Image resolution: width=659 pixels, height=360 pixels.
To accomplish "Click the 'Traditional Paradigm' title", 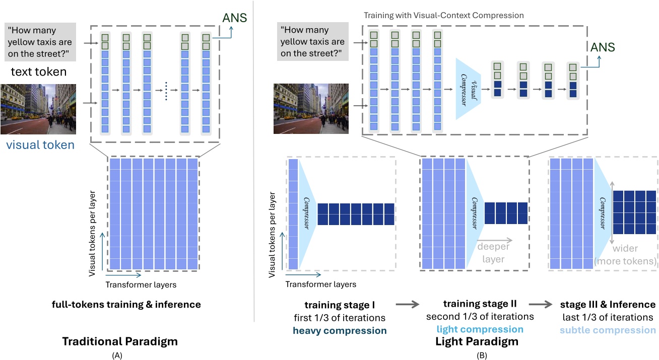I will coord(120,341).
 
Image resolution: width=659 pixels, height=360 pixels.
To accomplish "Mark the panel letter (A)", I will coord(120,354).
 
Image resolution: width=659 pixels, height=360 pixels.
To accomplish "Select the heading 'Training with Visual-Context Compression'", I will coord(443,16).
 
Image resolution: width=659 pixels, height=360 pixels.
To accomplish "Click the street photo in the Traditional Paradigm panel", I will coord(38,109).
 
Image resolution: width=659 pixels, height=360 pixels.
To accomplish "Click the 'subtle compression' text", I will coord(608,330).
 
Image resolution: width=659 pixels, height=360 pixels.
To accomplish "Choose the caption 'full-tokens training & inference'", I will coord(126,305).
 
